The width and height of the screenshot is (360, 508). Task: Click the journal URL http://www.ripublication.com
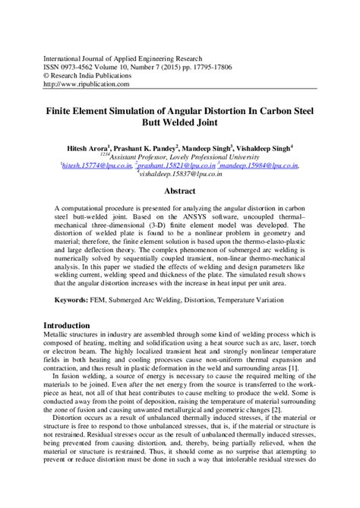coord(86,84)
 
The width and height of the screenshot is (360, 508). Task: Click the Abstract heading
coord(179,191)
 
